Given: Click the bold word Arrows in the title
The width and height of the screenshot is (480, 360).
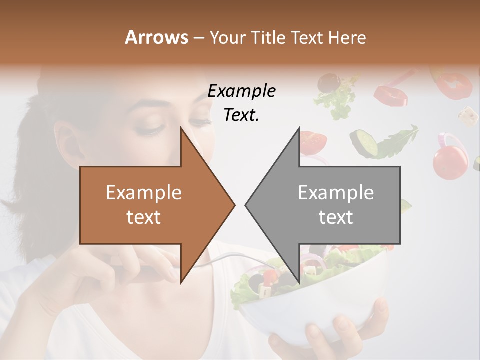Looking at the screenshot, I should click(156, 37).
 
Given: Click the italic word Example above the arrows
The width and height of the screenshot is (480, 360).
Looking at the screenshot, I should click(241, 91).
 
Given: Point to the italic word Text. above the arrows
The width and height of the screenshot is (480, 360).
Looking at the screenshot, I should click(241, 115).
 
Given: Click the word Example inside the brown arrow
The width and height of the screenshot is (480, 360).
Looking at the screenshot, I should click(144, 193).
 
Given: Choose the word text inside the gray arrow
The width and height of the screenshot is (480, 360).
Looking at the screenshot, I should click(336, 217).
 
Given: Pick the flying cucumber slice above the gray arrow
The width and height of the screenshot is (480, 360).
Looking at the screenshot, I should click(364, 142).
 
